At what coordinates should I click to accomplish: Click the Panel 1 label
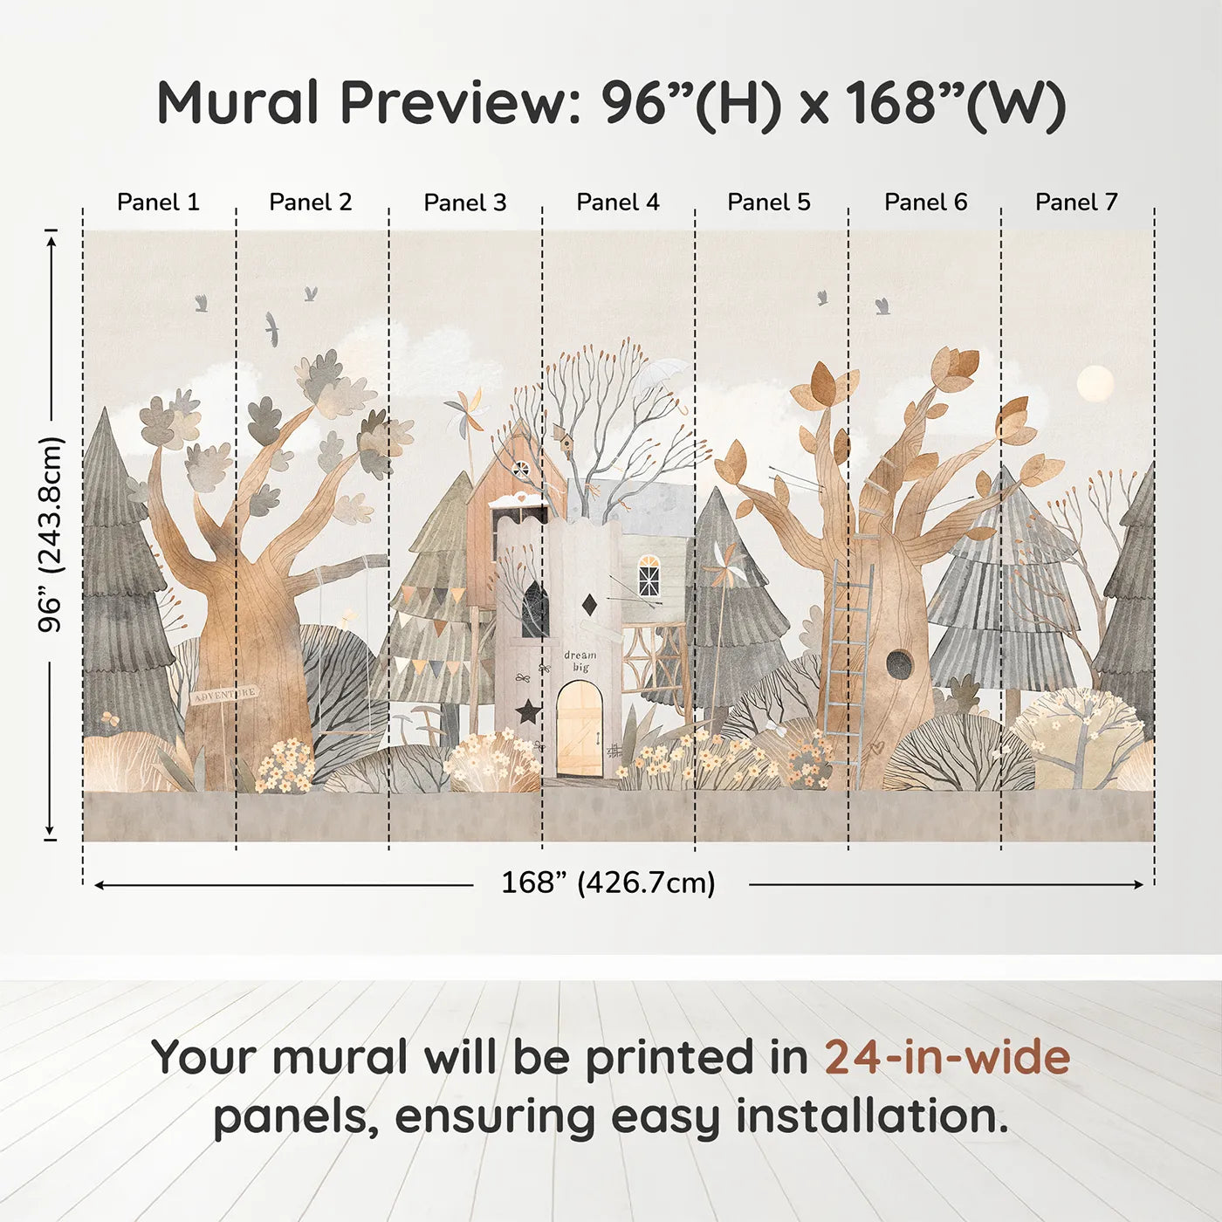(x=159, y=203)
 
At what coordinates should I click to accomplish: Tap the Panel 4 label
(x=618, y=203)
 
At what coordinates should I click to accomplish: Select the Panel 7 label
(x=1076, y=203)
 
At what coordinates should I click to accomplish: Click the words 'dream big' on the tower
(x=580, y=661)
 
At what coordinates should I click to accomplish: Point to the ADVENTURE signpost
(x=224, y=694)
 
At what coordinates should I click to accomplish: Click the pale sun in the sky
(x=1095, y=384)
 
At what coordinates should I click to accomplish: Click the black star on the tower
(x=527, y=711)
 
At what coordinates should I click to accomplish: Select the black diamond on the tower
(x=589, y=604)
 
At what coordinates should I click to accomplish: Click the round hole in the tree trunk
(x=898, y=664)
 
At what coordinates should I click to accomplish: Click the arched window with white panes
(x=649, y=576)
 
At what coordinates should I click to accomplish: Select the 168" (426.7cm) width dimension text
(x=608, y=882)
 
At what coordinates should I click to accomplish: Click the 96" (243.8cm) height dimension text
(x=51, y=534)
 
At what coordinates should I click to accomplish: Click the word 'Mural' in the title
(x=237, y=103)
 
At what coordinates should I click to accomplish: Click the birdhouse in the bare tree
(x=563, y=437)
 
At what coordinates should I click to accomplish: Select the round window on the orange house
(x=520, y=470)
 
